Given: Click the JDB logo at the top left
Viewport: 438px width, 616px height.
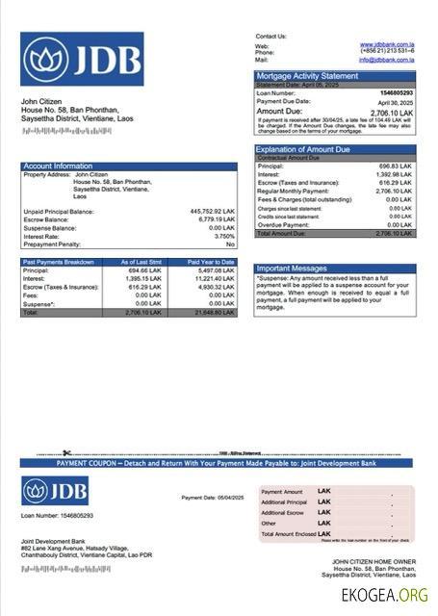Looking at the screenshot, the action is point(82,59).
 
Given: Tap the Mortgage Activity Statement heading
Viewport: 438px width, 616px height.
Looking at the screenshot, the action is point(307,76).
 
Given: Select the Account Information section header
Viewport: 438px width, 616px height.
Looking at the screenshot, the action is point(59,167).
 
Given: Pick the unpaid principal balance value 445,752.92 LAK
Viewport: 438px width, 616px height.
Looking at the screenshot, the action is point(213,211).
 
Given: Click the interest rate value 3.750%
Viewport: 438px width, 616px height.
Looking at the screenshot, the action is point(223,236).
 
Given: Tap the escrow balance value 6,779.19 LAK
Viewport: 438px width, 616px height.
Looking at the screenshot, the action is point(215,219).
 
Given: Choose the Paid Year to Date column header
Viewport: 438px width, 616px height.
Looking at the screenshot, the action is point(211,262).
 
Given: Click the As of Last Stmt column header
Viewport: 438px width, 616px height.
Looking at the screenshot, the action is point(141,262).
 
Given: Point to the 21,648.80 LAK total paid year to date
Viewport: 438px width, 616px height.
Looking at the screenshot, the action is point(213,313).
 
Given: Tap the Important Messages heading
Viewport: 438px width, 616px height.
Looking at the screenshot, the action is point(293,269).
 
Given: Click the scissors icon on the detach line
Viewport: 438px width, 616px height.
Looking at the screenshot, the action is point(67,453).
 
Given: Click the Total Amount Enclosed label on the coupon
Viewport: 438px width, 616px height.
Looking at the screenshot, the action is point(289,533).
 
